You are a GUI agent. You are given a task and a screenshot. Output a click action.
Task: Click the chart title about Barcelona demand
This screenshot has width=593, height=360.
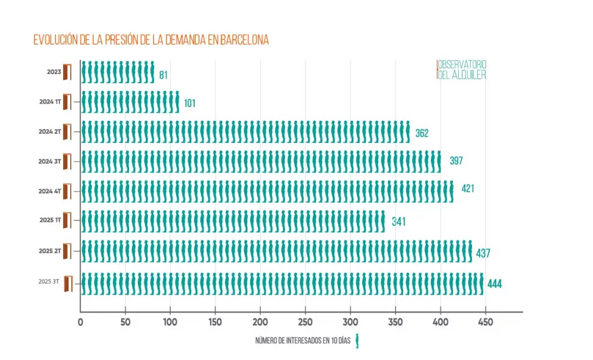click(151, 40)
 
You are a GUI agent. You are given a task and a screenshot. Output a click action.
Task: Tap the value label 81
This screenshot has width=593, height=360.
click(163, 75)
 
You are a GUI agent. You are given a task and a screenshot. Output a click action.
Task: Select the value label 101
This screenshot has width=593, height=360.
click(190, 104)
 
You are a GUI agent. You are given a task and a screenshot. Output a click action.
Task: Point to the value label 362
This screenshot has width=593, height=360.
click(422, 134)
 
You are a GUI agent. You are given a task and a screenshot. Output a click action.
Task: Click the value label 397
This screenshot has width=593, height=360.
click(456, 160)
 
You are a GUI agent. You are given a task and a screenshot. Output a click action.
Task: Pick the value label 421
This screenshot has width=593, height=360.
click(468, 188)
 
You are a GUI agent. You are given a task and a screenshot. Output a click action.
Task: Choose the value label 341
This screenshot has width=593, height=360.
click(398, 221)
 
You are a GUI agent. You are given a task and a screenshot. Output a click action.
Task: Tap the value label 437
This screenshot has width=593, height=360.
click(484, 254)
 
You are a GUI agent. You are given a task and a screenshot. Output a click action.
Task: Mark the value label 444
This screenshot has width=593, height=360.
click(494, 284)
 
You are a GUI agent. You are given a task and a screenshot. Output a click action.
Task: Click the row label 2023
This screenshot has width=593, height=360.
click(54, 72)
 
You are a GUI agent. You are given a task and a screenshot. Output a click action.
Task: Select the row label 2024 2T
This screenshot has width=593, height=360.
click(50, 131)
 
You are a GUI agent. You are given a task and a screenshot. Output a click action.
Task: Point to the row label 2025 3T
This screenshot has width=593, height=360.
click(49, 281)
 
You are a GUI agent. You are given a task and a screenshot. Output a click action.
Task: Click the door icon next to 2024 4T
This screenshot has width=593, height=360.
click(67, 190)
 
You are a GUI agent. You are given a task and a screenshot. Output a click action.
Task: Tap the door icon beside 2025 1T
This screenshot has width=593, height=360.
click(67, 221)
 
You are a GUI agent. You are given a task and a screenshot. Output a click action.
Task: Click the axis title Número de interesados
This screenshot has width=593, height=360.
click(304, 341)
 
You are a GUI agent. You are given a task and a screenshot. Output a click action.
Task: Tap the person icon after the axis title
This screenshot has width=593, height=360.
click(358, 341)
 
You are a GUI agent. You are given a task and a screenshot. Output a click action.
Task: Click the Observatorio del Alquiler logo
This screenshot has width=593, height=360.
click(462, 69)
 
